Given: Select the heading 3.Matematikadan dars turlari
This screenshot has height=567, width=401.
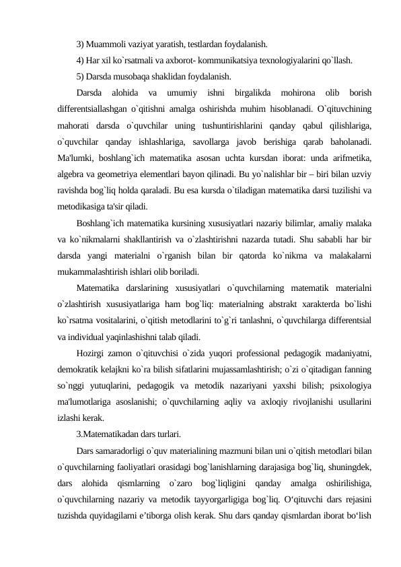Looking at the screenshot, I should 128,433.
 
